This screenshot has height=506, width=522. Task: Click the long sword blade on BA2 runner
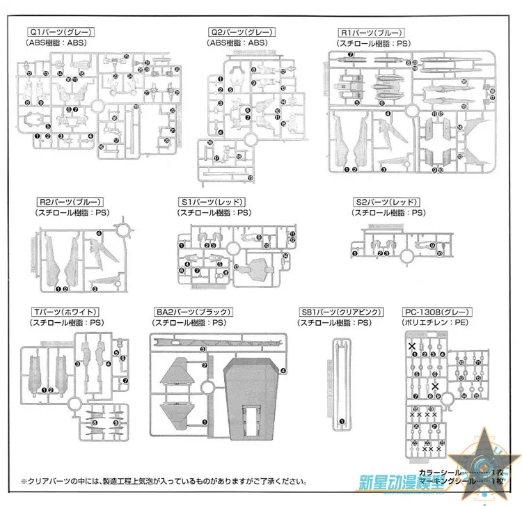(x=209, y=342)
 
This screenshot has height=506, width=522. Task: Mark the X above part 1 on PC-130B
(x=412, y=345)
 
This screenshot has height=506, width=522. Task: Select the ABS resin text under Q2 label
(x=237, y=42)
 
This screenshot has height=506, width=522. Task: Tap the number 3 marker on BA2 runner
(x=203, y=349)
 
